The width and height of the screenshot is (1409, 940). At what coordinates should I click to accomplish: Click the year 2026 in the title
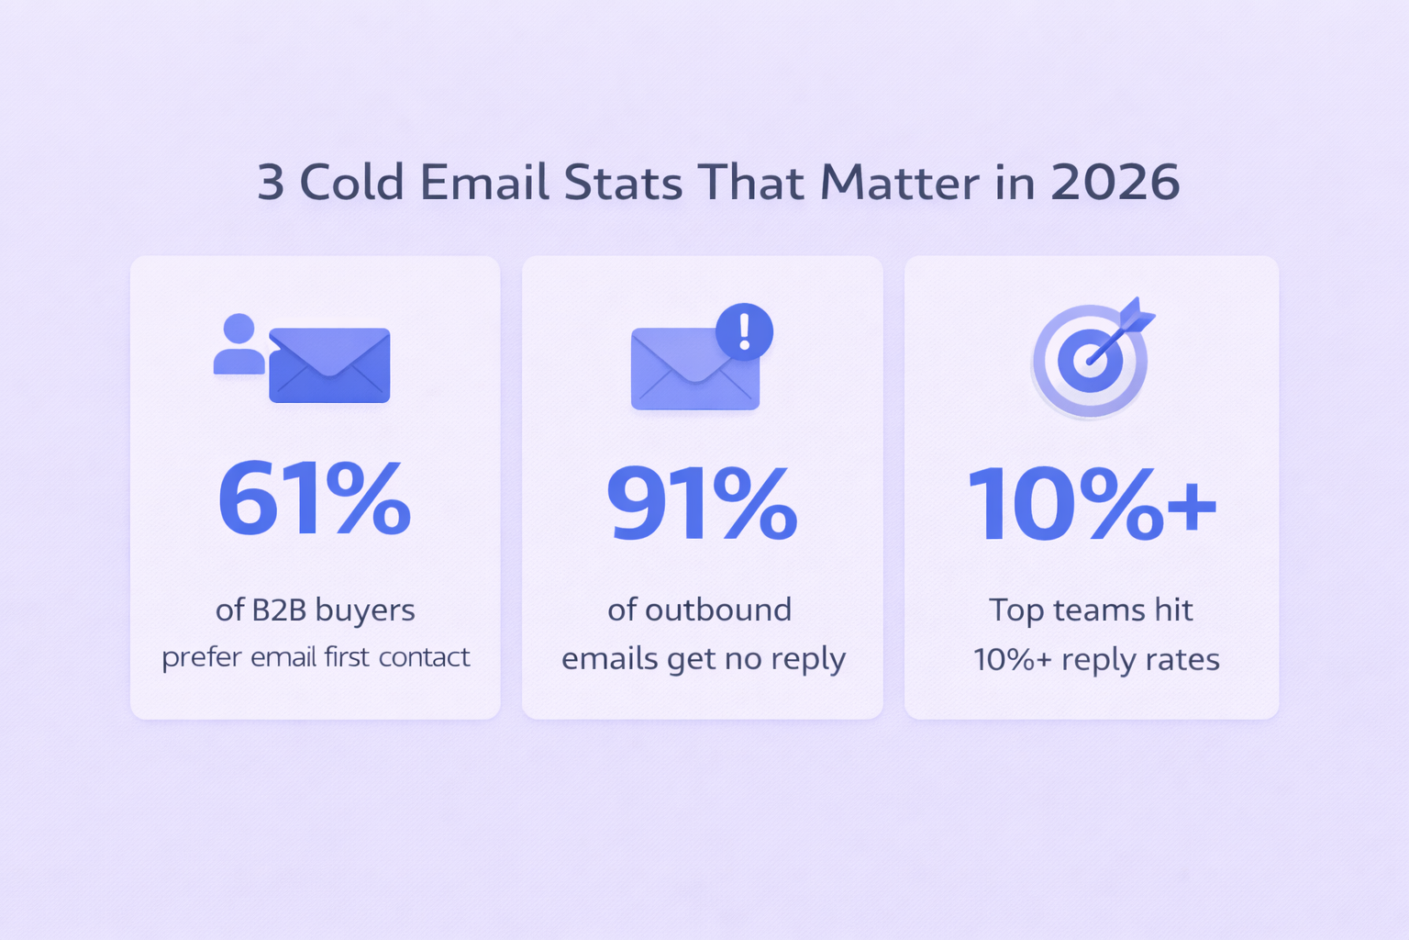click(1115, 183)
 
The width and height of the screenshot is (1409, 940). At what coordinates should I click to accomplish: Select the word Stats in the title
click(623, 183)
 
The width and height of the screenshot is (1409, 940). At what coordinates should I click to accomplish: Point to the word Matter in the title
click(900, 183)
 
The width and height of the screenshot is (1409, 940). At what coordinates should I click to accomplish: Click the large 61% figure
click(314, 498)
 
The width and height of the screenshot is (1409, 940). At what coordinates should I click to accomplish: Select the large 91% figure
click(702, 504)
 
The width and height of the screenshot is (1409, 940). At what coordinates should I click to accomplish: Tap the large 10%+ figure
click(1092, 504)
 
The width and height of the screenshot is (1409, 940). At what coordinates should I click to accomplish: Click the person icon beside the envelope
click(239, 344)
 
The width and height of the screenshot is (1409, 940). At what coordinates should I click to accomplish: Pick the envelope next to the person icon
click(329, 365)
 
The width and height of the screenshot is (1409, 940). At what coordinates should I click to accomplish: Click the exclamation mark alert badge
click(745, 331)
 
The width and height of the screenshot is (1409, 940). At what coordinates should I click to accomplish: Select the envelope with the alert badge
click(695, 369)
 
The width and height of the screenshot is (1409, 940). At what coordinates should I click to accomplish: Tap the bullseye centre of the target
click(1090, 361)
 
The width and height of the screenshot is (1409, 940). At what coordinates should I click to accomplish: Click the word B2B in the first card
click(279, 610)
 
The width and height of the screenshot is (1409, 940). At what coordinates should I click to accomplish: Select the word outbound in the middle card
click(717, 610)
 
